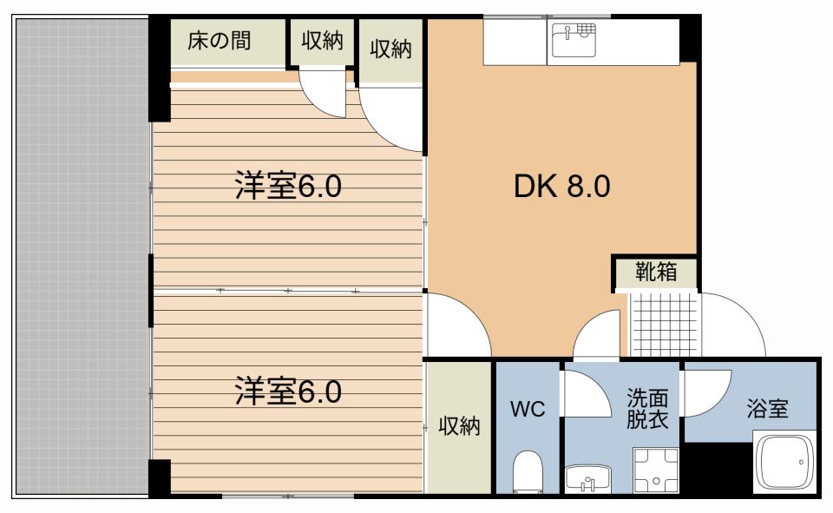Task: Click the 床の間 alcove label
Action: (219, 41)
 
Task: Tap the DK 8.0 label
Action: (562, 186)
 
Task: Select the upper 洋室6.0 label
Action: (288, 186)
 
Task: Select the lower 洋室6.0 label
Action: (288, 391)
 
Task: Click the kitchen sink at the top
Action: (574, 39)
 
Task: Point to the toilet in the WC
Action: (528, 471)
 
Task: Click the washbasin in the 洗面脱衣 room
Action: (588, 477)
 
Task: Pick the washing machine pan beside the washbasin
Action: (656, 470)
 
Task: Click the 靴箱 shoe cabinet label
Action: (657, 272)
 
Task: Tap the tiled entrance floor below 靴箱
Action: (664, 325)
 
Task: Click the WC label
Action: (528, 409)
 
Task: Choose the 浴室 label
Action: (767, 409)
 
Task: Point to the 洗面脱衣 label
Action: (647, 408)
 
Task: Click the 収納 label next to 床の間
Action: (323, 41)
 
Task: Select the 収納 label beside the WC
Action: (460, 426)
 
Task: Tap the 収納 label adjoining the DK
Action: (391, 49)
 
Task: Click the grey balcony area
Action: (82, 257)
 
